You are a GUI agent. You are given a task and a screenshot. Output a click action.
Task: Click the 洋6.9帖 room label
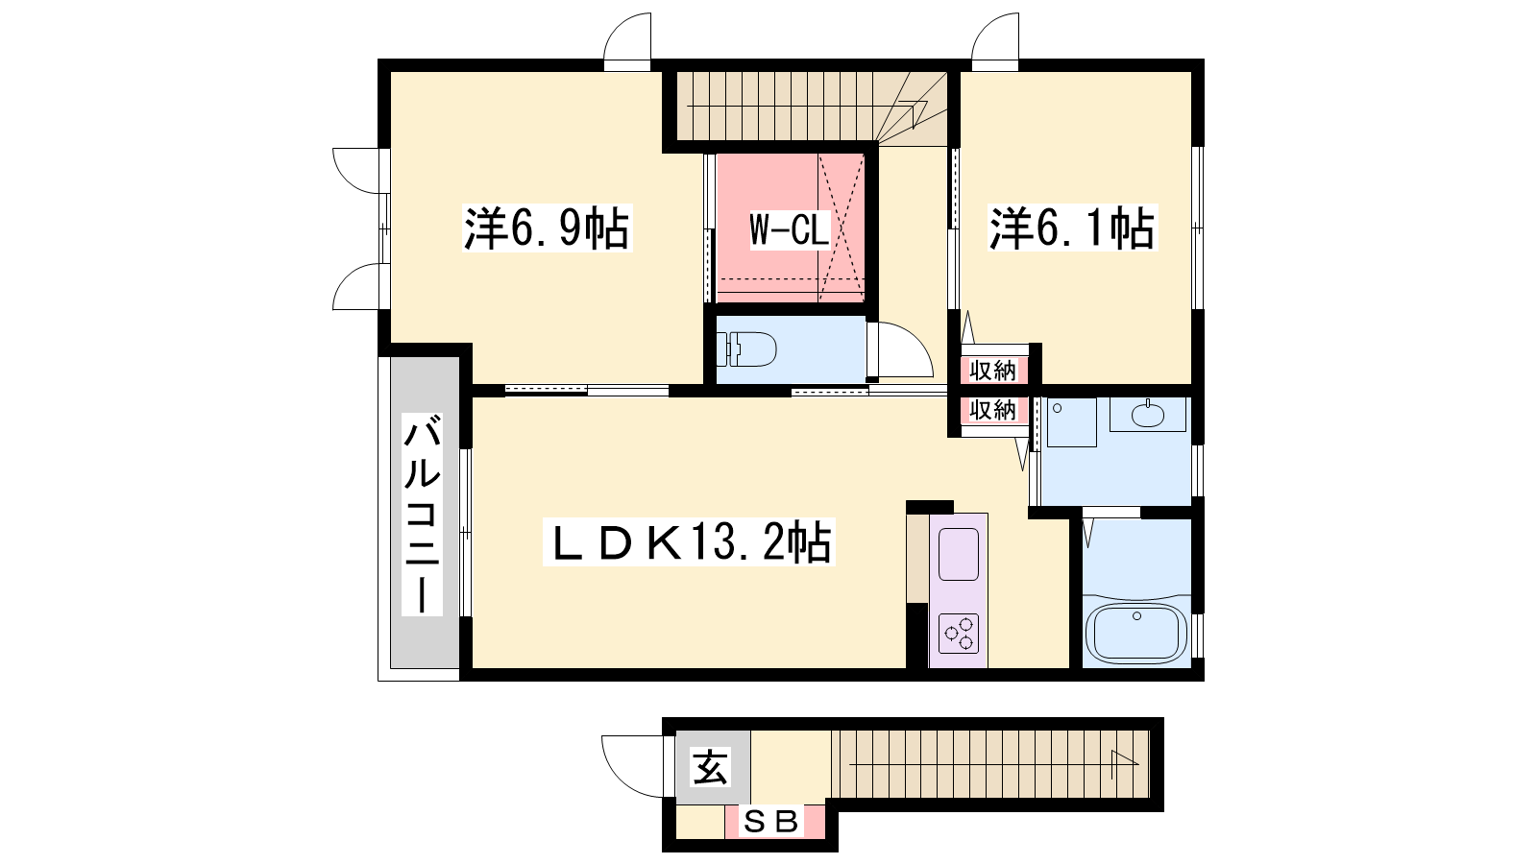[x=547, y=228]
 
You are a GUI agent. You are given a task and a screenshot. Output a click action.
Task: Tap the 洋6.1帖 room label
[x=1072, y=228]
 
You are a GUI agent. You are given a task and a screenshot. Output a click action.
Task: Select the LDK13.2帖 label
[x=688, y=541]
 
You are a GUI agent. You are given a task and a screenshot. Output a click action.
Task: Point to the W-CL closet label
[x=789, y=229]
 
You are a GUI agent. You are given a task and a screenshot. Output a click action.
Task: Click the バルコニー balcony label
[x=422, y=515]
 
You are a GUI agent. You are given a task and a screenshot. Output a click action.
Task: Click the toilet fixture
[x=745, y=349]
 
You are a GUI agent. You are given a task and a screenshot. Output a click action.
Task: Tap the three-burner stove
[x=959, y=633]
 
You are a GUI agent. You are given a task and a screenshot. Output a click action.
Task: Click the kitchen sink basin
[x=959, y=554]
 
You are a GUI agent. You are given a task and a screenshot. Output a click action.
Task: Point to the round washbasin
[x=1148, y=415]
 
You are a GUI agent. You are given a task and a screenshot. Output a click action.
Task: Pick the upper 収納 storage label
[x=992, y=371]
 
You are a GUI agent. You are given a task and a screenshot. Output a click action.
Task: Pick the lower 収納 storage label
[x=992, y=410]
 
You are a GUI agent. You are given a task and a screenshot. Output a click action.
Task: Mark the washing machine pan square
[x=1072, y=423]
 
